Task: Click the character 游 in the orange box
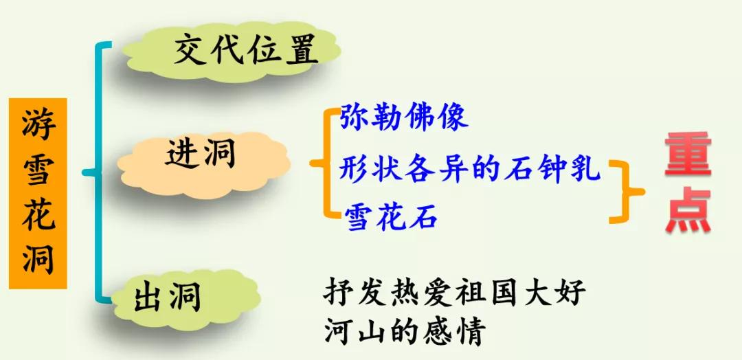(x=38, y=126)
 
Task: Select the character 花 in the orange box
(x=38, y=214)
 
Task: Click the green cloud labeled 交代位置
(x=234, y=53)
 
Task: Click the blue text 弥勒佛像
(x=404, y=117)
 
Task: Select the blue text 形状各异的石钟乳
(x=470, y=168)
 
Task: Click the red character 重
(x=687, y=155)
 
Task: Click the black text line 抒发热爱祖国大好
(x=455, y=293)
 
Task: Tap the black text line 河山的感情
(x=405, y=333)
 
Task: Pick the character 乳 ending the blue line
(x=587, y=168)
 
